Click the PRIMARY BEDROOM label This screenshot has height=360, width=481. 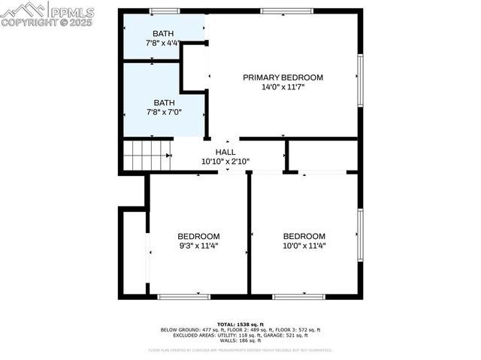(x=283, y=77)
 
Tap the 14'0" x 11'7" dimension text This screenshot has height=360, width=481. (x=283, y=87)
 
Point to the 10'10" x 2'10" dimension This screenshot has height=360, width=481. (x=225, y=161)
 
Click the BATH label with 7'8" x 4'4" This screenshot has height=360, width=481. (x=163, y=34)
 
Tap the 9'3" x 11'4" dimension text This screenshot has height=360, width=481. (x=198, y=245)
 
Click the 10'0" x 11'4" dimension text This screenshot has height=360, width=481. (x=304, y=245)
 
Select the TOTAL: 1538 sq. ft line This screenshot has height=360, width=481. (x=240, y=324)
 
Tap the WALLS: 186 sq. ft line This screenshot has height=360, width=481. (x=240, y=341)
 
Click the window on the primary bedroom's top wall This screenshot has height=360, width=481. (x=286, y=11)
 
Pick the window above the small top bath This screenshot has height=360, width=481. (x=165, y=11)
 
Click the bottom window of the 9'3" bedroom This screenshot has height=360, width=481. (x=184, y=297)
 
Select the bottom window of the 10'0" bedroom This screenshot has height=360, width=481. (x=298, y=297)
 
